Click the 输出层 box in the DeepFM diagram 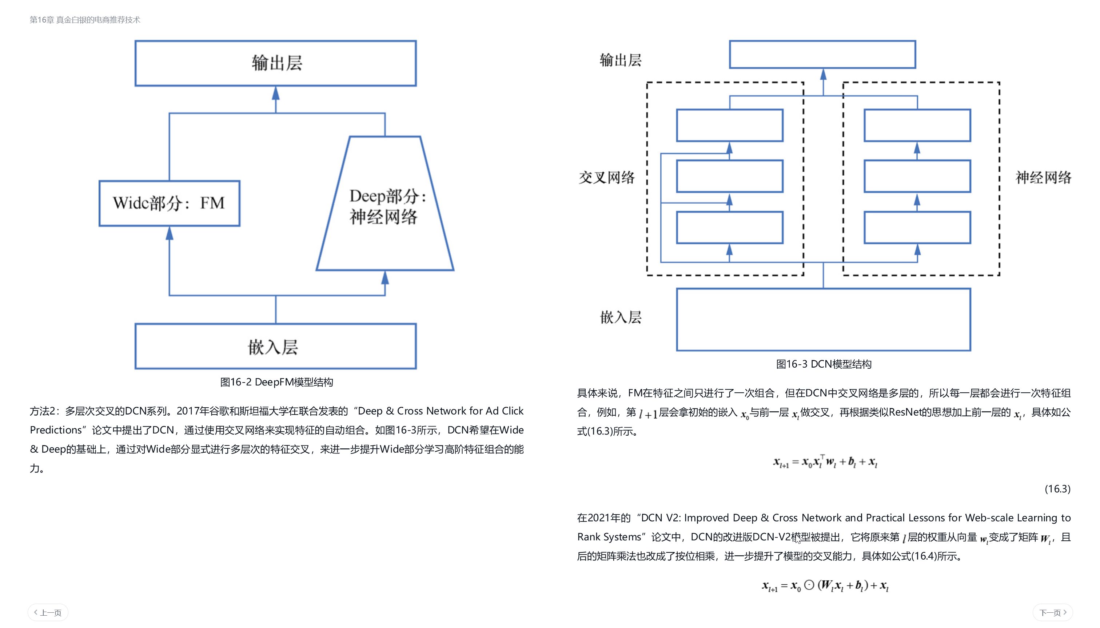point(275,63)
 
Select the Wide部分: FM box point(169,203)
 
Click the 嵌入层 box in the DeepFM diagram point(275,346)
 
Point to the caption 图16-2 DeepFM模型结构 point(276,382)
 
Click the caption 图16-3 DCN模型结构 point(823,364)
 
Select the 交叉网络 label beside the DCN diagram point(606,177)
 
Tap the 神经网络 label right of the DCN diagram point(1043,177)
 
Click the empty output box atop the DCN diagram point(822,54)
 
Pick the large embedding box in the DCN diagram point(823,319)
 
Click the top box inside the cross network point(729,125)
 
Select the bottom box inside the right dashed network point(917,227)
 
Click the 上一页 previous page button point(48,612)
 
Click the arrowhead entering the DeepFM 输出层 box point(275,93)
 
